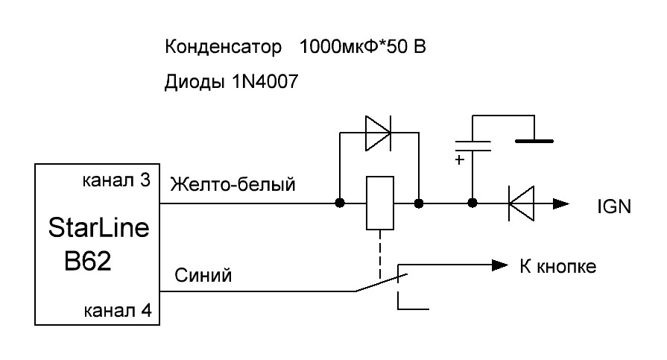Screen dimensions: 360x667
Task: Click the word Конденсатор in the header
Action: [x=223, y=48]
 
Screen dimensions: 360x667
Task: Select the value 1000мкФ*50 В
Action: [x=362, y=48]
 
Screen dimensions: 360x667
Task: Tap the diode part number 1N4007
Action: [x=262, y=83]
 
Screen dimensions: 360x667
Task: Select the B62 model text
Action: [x=88, y=262]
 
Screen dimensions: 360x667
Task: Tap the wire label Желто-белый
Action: [x=233, y=184]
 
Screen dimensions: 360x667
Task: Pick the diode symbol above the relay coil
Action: [x=378, y=133]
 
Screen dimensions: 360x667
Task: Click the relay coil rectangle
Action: [x=378, y=203]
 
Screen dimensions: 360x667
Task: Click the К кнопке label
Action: [x=558, y=267]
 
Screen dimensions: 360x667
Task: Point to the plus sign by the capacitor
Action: [x=460, y=160]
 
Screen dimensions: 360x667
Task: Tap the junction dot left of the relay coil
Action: [x=340, y=203]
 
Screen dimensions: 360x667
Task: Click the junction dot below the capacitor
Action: [x=472, y=203]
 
